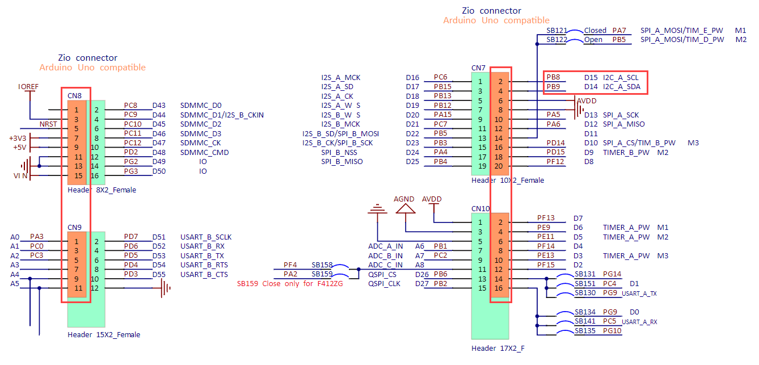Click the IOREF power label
pyautogui.click(x=29, y=86)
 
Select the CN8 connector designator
pyautogui.click(x=74, y=95)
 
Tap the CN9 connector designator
pyautogui.click(x=74, y=227)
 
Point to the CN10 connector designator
pyautogui.click(x=480, y=209)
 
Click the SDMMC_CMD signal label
pyautogui.click(x=204, y=152)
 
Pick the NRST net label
pyautogui.click(x=48, y=124)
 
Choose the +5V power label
pyautogui.click(x=19, y=148)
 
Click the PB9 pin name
pyautogui.click(x=553, y=87)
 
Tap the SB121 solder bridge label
pyautogui.click(x=556, y=31)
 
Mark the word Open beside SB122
pyautogui.click(x=593, y=40)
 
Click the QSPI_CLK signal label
pyautogui.click(x=385, y=284)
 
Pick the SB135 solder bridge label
pyautogui.click(x=585, y=331)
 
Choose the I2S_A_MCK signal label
pyautogui.click(x=340, y=78)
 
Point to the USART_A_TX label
pyautogui.click(x=639, y=293)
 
